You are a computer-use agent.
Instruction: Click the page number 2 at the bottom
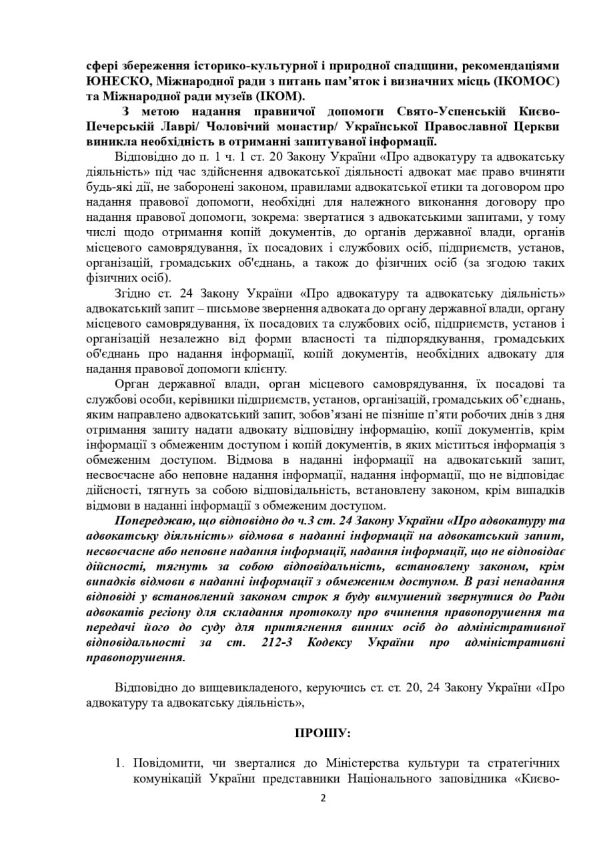pos(322,798)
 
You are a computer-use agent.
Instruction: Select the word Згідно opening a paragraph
pos(131,294)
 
